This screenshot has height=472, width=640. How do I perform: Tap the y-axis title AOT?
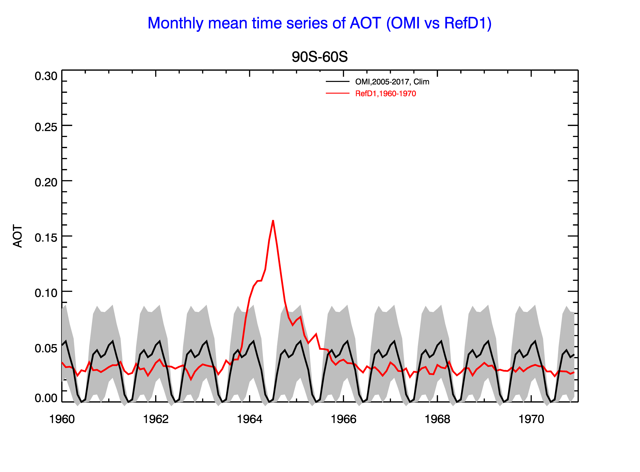pyautogui.click(x=18, y=236)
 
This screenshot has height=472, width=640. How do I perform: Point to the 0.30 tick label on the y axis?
pyautogui.click(x=46, y=76)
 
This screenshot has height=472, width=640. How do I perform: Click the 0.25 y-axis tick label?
pyautogui.click(x=46, y=127)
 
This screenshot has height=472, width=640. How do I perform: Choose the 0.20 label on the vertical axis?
pyautogui.click(x=46, y=182)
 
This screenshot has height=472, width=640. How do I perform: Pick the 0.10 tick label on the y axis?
pyautogui.click(x=46, y=293)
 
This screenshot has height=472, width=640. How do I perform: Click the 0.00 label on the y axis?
pyautogui.click(x=46, y=398)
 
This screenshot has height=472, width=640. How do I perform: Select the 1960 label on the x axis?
pyautogui.click(x=62, y=419)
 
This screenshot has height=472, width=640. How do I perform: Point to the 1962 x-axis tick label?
pyautogui.click(x=156, y=419)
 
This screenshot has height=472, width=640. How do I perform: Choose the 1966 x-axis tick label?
pyautogui.click(x=343, y=419)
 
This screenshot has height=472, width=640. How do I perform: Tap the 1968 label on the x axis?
pyautogui.click(x=437, y=419)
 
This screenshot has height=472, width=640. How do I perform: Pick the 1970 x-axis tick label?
pyautogui.click(x=531, y=419)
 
